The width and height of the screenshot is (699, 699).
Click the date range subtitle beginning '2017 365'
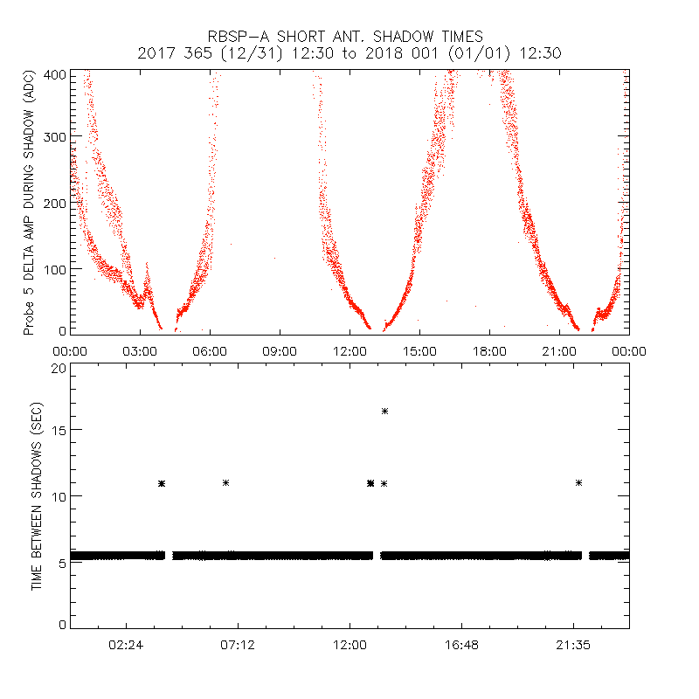coord(349,53)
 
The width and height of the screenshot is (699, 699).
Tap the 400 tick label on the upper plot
coord(56,75)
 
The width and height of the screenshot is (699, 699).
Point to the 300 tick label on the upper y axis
coord(56,137)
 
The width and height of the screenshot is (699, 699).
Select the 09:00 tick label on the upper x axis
coord(280,350)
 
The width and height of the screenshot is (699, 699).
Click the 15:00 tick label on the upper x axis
coord(419,350)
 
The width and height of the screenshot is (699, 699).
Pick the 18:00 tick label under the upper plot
coord(489,350)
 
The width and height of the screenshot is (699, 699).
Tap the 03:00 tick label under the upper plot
coord(140,350)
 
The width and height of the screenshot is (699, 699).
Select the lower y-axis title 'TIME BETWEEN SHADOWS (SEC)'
coord(37,496)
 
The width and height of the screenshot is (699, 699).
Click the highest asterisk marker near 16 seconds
coord(384,411)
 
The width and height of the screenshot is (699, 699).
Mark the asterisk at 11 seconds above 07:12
coord(226,482)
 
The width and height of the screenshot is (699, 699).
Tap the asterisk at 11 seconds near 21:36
coord(578,482)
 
